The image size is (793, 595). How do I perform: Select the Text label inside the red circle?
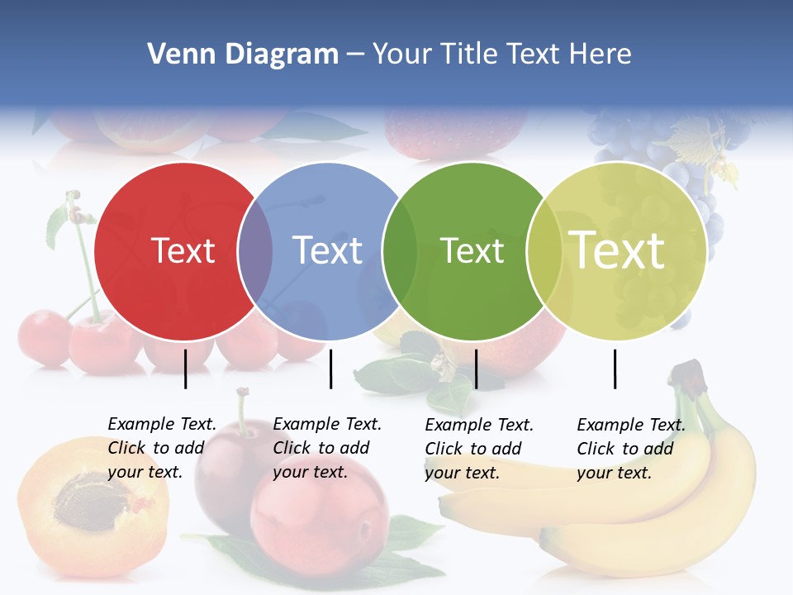pos(183,250)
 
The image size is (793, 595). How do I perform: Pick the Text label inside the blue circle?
pos(327,250)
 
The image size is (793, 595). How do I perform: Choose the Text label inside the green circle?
pos(472,250)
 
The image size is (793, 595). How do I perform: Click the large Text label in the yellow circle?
pos(616,250)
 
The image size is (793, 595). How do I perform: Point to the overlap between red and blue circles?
pos(255,251)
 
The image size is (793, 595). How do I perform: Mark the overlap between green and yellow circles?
pos(544,251)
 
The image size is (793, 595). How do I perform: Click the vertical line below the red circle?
pos(186,369)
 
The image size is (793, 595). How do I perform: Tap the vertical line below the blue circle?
pos(330,369)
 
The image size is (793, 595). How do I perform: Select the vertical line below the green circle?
pos(477,369)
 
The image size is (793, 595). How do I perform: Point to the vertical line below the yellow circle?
pos(615,369)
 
